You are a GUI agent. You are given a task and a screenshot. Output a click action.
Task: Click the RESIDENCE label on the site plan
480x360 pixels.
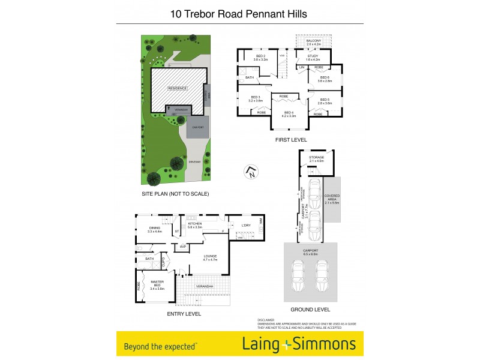(x=177, y=88)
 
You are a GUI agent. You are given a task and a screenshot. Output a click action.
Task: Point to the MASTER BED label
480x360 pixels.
(x=157, y=284)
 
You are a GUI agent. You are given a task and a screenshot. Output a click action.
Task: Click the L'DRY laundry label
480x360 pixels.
(x=245, y=225)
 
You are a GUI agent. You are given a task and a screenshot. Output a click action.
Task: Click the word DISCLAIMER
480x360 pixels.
(x=265, y=320)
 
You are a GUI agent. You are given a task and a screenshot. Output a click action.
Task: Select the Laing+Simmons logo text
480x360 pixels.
(x=299, y=344)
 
